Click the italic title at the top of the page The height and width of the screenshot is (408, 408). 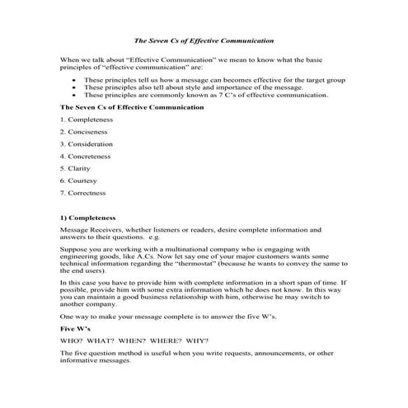pyautogui.click(x=204, y=40)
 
